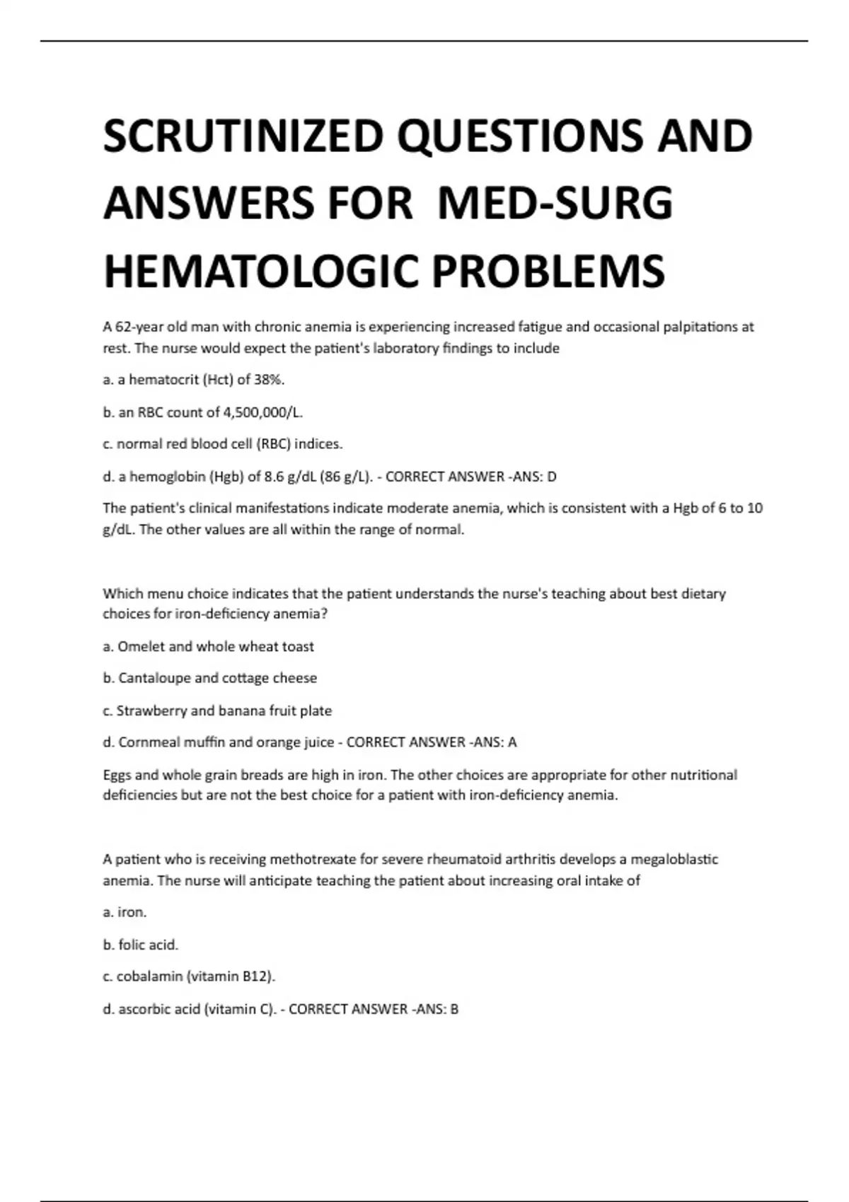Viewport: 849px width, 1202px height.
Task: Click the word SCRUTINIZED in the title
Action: point(243,136)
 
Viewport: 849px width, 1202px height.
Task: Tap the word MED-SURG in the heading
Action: point(555,204)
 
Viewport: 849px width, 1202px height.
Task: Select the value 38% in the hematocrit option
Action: point(269,380)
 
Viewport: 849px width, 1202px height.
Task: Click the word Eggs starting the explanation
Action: point(117,775)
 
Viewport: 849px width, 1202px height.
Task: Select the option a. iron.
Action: point(125,912)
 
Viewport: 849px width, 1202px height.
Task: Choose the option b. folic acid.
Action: point(140,945)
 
